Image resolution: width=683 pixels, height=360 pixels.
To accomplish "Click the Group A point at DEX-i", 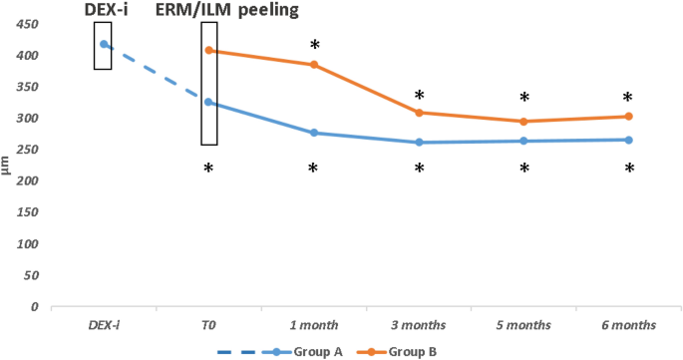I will pos(104,44).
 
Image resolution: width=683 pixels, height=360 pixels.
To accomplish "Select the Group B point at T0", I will pos(208,50).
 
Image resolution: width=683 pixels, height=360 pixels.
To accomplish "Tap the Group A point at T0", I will pos(208,102).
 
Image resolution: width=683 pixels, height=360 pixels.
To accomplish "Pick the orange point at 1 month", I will pos(314,65).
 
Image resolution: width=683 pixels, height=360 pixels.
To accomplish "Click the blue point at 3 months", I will pos(419,142).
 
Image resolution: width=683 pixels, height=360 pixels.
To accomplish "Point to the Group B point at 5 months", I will pos(523,122).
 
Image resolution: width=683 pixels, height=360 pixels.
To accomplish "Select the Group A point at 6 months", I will pos(629,140).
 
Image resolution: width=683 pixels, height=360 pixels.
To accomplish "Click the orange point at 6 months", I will pos(629,117).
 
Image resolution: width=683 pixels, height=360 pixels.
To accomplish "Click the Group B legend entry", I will pos(404,351).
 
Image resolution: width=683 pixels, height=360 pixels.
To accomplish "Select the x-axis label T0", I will pos(208,326).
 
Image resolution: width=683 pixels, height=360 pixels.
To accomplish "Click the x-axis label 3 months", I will pos(419,326).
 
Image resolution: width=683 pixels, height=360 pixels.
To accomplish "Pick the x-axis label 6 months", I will pos(629,326).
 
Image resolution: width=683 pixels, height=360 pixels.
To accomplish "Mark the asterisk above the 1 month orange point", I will pos(314,46).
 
